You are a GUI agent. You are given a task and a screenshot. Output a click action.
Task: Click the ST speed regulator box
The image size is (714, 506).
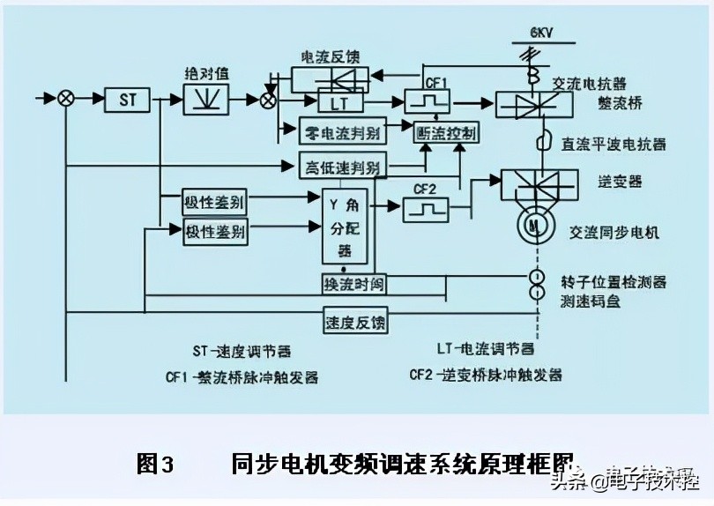(129, 99)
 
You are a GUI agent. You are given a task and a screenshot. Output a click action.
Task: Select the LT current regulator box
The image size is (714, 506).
(339, 104)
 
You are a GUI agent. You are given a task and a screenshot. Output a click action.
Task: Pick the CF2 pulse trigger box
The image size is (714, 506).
(425, 208)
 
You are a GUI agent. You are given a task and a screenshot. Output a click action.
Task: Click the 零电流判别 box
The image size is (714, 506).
(338, 132)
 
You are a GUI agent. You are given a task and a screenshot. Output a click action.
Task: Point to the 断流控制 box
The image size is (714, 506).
(446, 133)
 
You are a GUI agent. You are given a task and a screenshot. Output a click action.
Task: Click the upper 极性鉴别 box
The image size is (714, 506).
(214, 201)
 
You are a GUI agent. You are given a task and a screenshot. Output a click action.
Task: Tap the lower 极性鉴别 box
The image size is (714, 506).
(214, 233)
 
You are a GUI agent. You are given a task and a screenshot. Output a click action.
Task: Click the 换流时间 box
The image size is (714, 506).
(353, 284)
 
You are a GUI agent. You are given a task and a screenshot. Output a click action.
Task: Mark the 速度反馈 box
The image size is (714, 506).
(354, 322)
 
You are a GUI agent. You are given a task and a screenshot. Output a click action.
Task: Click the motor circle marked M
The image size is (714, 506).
(532, 227)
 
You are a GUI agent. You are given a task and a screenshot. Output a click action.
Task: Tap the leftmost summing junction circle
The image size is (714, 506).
(65, 98)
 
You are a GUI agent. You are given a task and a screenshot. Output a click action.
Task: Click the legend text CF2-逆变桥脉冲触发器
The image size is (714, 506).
(486, 374)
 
